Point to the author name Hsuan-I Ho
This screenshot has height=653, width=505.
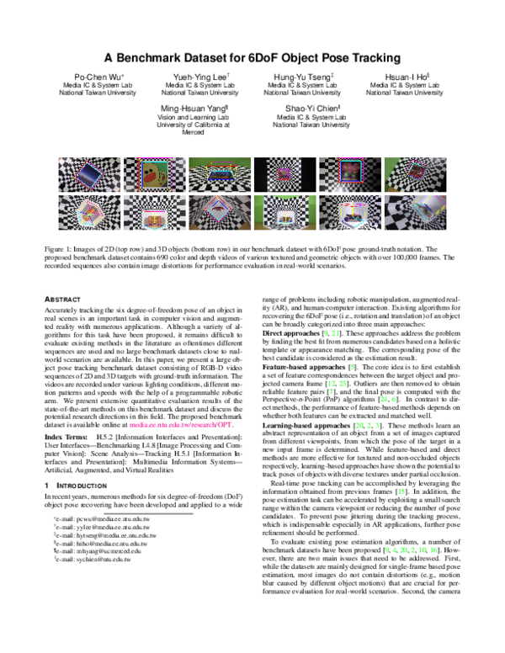pos(394,77)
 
